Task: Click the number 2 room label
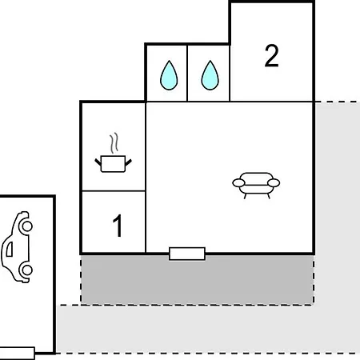point(271,56)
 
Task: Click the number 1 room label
point(118,226)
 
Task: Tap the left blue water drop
point(169,75)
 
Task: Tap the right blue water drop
point(210,75)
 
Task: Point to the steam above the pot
point(114,142)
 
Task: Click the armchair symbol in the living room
point(256,186)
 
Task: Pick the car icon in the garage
point(17,247)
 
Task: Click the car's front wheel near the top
point(27,226)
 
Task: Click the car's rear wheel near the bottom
point(27,270)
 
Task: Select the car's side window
point(10,249)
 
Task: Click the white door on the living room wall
point(187,254)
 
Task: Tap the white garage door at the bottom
point(17,353)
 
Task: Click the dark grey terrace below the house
point(198,279)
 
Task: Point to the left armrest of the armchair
point(238,183)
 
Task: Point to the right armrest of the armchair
point(274,183)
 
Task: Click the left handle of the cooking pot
point(98,162)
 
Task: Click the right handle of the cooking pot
point(129,162)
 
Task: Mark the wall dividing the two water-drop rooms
point(187,73)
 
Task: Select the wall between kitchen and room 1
point(114,191)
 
